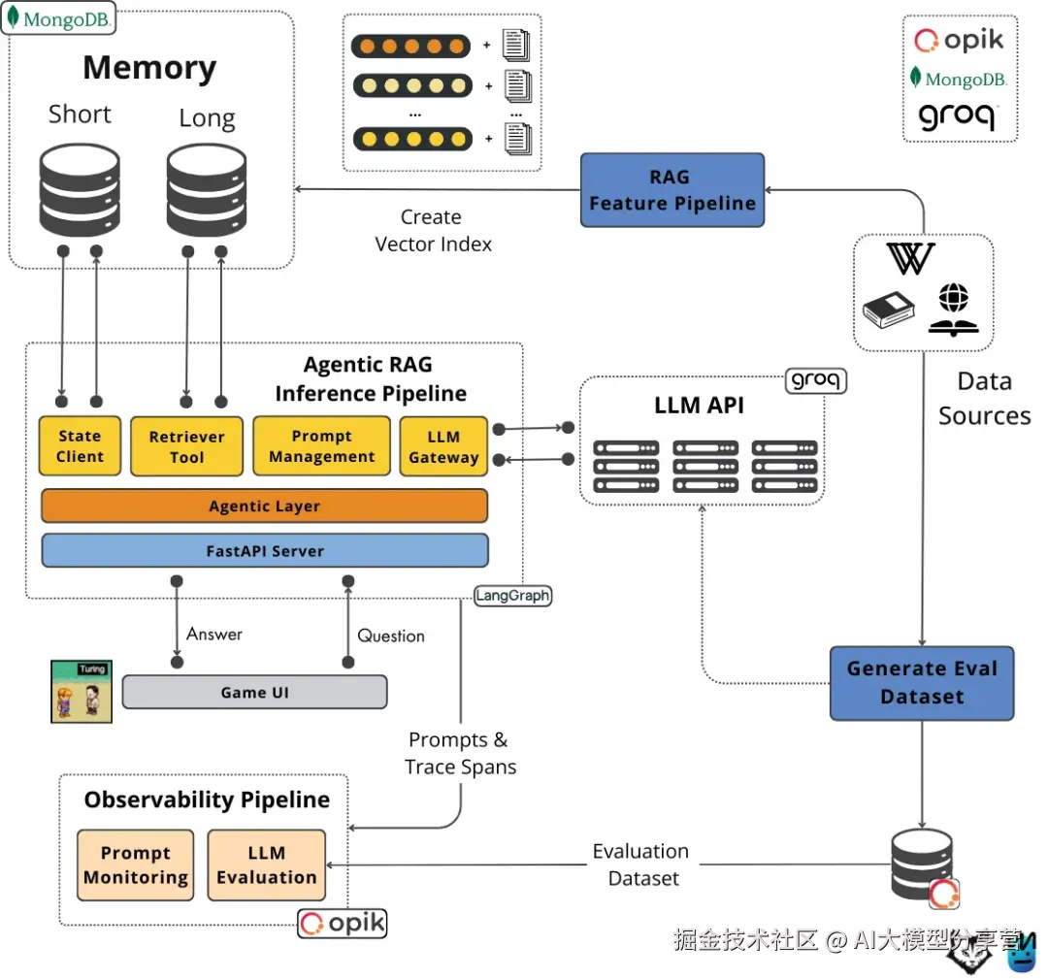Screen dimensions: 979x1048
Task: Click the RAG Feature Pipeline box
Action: (x=671, y=190)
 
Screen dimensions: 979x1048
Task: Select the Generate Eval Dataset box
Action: (x=921, y=682)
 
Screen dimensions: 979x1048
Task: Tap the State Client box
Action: (x=80, y=446)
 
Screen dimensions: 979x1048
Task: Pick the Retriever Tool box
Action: (x=186, y=446)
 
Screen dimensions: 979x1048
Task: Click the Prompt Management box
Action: (x=321, y=446)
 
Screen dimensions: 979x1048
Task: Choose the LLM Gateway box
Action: (x=443, y=446)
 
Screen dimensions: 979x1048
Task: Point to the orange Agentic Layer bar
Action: (x=264, y=506)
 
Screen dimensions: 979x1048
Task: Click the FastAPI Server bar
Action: (x=264, y=551)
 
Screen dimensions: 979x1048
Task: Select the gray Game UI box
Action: (x=254, y=692)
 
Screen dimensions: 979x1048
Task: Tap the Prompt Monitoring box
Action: (x=135, y=865)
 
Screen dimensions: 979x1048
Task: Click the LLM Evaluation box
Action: (x=266, y=865)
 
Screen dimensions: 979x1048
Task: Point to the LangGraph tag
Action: (x=512, y=596)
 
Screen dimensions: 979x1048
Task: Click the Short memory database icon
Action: (x=80, y=190)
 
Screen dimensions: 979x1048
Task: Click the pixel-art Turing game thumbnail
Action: (x=82, y=692)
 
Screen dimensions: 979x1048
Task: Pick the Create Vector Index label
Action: (x=433, y=231)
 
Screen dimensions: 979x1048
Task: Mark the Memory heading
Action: (x=149, y=68)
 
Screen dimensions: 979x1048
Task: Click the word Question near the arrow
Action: (x=391, y=636)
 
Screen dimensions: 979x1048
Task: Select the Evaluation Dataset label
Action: (x=641, y=865)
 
